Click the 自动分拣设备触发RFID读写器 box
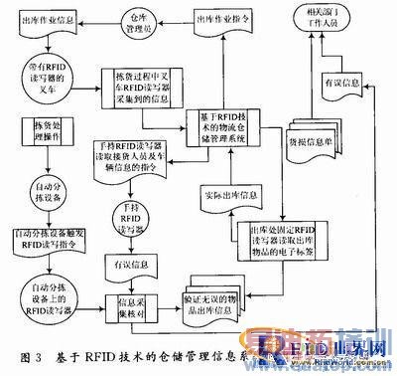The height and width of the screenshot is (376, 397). pyautogui.click(x=46, y=239)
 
